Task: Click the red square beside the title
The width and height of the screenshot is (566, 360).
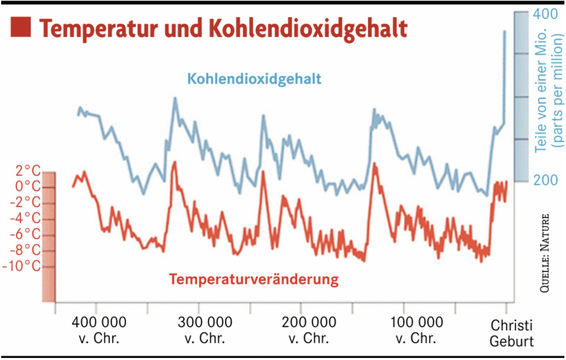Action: [x=20, y=26]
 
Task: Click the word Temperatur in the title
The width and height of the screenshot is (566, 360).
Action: [x=98, y=28]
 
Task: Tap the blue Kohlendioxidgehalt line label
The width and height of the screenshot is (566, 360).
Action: [x=254, y=79]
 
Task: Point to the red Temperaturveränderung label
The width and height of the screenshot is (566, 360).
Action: [x=254, y=279]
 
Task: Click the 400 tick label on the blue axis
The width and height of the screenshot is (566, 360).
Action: [x=546, y=14]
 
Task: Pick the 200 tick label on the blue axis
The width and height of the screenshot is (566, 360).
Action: [x=546, y=180]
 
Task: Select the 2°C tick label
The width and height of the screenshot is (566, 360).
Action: [x=28, y=170]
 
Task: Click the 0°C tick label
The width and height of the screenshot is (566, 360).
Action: [x=28, y=186]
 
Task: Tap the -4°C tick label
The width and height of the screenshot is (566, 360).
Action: [x=25, y=218]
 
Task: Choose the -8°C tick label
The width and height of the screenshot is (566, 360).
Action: [x=25, y=250]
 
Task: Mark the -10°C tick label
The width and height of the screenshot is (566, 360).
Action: [x=22, y=266]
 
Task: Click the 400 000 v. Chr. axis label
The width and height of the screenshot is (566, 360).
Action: [x=99, y=330]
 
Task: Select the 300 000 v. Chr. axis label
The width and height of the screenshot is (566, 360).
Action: [x=205, y=330]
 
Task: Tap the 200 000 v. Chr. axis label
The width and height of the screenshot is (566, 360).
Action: [x=309, y=330]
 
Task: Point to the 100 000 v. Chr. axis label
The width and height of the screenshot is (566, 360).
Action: [x=417, y=330]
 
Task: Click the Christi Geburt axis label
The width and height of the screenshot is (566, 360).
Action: [x=511, y=333]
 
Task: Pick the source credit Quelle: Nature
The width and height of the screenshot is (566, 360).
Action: [x=545, y=253]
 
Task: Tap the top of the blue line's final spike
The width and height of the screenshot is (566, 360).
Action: [x=505, y=31]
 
